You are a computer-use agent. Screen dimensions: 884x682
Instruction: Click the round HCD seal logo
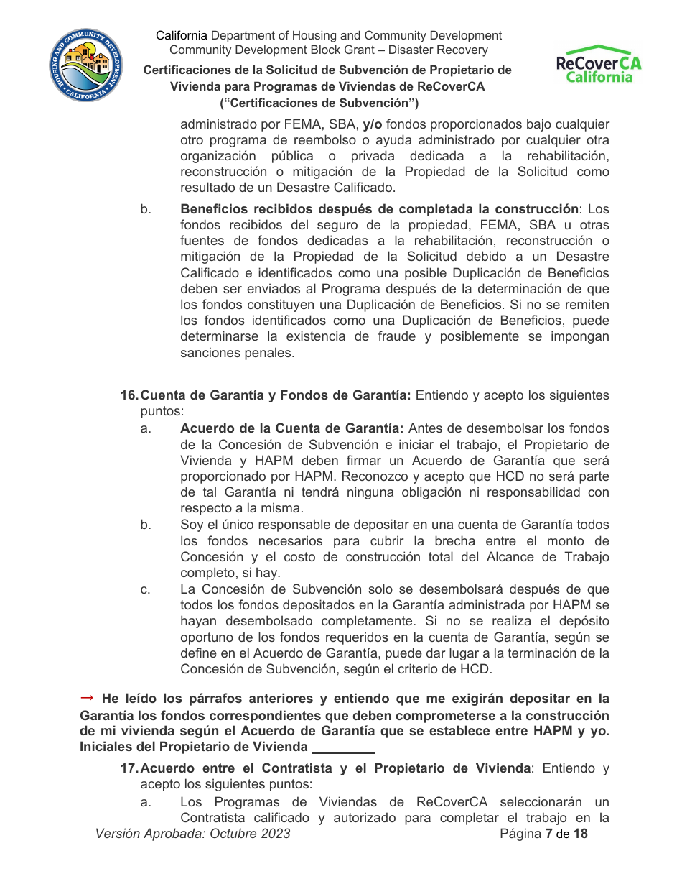[85, 66]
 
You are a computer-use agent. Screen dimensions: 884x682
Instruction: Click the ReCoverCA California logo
[599, 65]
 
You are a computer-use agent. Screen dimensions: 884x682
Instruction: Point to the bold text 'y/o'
[373, 124]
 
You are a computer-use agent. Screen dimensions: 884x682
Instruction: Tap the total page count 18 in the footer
[579, 834]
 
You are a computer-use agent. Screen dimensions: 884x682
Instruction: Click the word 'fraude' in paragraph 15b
[402, 336]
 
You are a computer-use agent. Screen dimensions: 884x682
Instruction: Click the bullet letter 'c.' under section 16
[146, 590]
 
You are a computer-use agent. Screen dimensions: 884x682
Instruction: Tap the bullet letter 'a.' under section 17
[146, 802]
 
